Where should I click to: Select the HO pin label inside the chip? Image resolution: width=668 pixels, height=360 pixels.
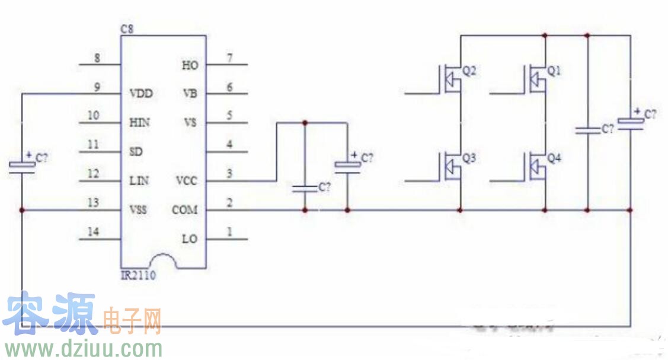[190, 65]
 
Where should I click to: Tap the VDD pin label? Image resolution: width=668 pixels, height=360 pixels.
[140, 94]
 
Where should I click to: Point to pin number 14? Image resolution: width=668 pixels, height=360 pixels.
[94, 232]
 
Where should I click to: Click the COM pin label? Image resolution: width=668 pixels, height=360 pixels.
[185, 210]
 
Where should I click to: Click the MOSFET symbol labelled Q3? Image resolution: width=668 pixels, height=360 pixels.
[452, 166]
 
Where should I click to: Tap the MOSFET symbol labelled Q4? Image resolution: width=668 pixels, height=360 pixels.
[536, 166]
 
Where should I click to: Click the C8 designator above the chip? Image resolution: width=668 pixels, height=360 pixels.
[126, 28]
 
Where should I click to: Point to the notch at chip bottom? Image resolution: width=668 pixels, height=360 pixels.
[164, 261]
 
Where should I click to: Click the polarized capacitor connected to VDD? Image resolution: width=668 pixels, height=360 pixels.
[22, 165]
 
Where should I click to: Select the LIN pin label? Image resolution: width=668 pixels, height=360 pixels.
[139, 180]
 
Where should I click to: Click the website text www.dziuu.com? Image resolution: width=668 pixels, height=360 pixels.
[82, 348]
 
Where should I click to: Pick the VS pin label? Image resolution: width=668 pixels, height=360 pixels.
[190, 123]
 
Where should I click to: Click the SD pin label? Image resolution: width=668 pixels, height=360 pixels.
[136, 152]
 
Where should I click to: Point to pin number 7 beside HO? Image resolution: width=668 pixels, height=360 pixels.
[230, 58]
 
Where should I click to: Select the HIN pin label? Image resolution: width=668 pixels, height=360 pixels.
[139, 123]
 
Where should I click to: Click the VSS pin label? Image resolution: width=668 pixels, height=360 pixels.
[139, 210]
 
